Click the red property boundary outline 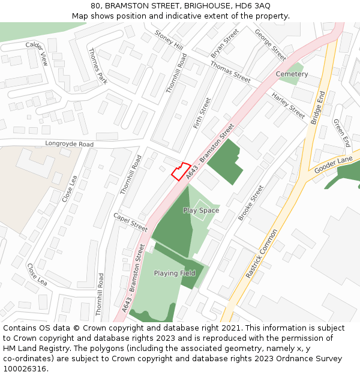point(181,171)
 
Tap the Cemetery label point(292,74)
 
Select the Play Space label point(201,211)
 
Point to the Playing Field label point(175,274)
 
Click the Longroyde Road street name point(70,145)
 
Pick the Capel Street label point(130,222)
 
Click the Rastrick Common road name point(262,253)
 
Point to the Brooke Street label point(251,203)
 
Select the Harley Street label point(288,106)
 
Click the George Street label point(270,45)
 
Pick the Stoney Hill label point(169,40)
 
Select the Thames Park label point(97,66)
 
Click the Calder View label point(37,53)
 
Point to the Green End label point(341,133)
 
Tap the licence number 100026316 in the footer point(25,368)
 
